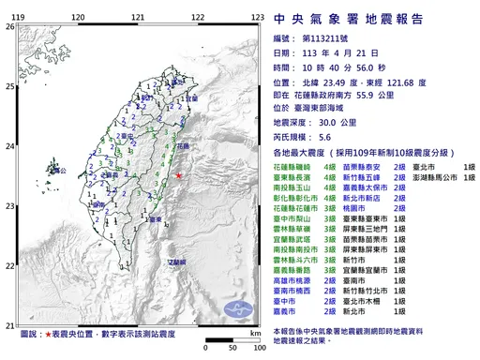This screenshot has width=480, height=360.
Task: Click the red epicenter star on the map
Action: tap(180, 174)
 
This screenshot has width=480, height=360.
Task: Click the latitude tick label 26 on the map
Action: tap(9, 27)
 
